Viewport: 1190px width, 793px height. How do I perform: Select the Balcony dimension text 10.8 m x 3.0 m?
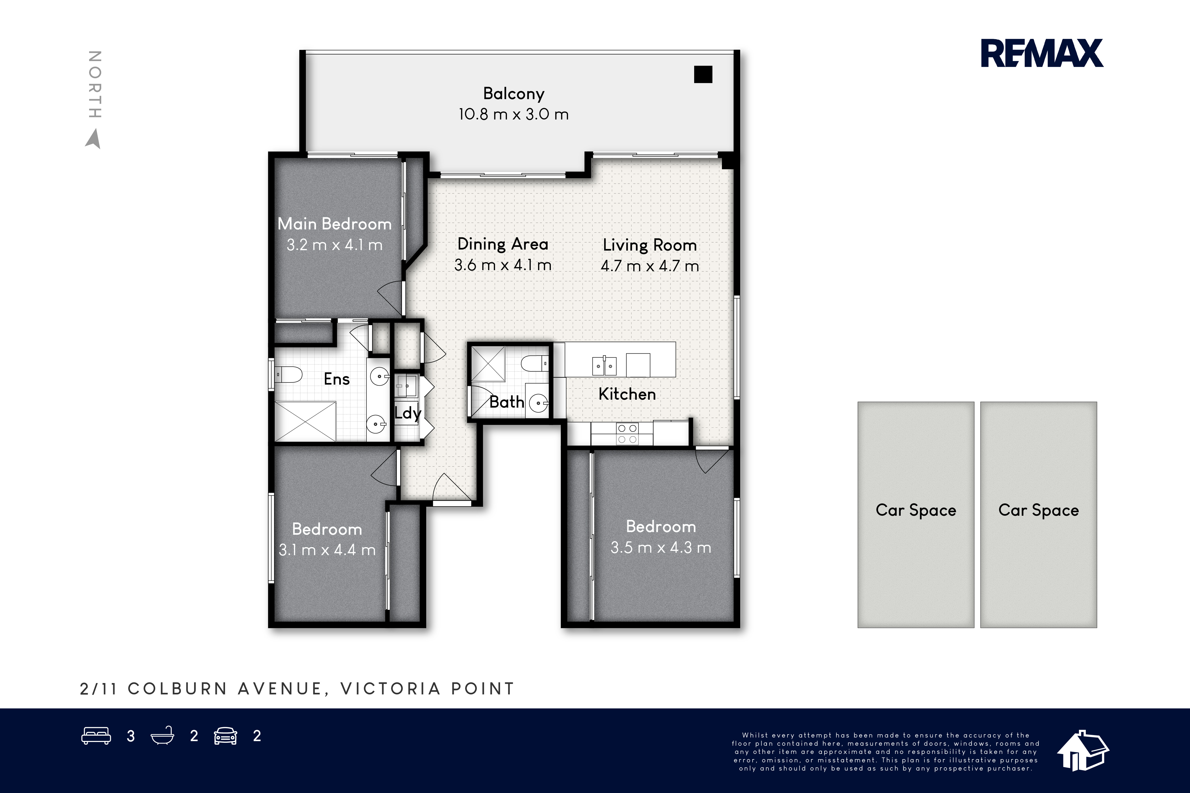(514, 114)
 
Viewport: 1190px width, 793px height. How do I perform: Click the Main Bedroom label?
(335, 224)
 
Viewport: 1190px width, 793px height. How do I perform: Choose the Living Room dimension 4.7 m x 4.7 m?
(650, 266)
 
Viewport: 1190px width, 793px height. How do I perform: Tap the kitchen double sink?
(604, 365)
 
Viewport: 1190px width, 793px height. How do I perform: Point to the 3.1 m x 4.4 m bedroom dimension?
(327, 550)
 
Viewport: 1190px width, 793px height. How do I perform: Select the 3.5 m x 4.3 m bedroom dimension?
(661, 548)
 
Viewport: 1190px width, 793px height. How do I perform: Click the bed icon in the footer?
(96, 736)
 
